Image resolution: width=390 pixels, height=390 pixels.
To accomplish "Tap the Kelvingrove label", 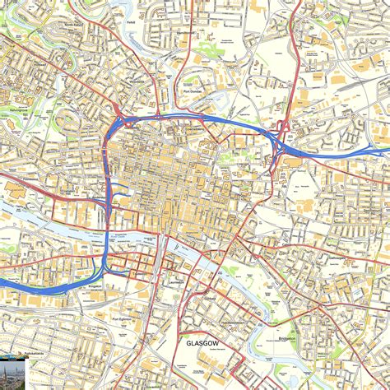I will pyautogui.click(x=19, y=108).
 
